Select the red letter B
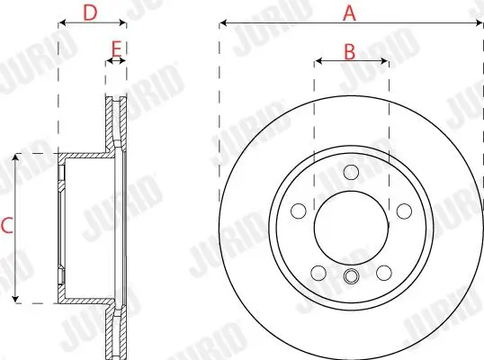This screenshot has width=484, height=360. (351, 51)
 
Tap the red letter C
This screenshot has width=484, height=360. (6, 227)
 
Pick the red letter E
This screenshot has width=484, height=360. (115, 49)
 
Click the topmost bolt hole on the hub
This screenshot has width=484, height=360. (351, 173)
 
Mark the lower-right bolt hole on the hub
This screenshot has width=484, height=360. (383, 272)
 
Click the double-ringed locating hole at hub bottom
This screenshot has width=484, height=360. (351, 276)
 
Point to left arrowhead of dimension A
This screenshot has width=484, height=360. (222, 23)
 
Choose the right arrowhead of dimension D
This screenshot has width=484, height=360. (122, 23)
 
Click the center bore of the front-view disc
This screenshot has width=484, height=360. (351, 223)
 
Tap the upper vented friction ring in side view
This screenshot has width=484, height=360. (115, 121)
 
